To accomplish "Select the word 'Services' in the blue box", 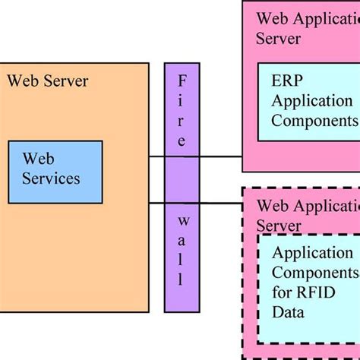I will click(x=51, y=179).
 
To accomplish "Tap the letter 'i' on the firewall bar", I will click(x=182, y=100).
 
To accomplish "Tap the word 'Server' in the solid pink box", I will click(x=279, y=38).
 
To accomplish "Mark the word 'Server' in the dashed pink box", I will click(x=279, y=226).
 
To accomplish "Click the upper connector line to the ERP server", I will click(x=220, y=156).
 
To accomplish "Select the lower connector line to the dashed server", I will click(x=220, y=203).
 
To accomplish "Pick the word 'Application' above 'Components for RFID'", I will click(x=312, y=253).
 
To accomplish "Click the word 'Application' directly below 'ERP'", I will click(x=312, y=101).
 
